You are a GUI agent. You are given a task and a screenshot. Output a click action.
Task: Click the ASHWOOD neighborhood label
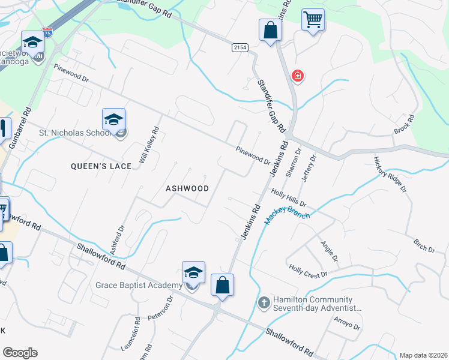point(187,188)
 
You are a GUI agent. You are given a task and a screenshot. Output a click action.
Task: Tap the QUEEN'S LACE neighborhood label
point(101,166)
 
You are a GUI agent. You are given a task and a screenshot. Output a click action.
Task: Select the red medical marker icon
point(297,76)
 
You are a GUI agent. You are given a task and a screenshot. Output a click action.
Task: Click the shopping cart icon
point(313,20)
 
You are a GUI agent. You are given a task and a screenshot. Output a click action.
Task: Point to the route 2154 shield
point(240,47)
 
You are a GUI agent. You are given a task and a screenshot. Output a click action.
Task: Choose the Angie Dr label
point(330,251)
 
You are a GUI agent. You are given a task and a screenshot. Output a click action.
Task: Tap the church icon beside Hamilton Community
point(264,302)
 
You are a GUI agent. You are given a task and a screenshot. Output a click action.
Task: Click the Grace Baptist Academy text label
point(139,285)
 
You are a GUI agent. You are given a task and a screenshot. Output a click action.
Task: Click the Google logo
point(20,353)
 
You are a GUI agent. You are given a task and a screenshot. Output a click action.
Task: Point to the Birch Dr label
point(424,246)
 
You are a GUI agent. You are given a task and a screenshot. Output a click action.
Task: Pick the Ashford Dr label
point(117,238)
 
